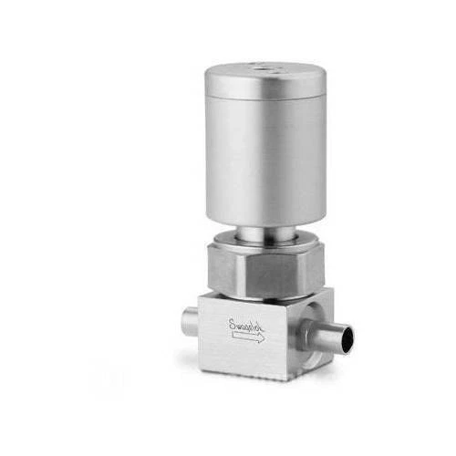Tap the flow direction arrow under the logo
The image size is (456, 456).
246,337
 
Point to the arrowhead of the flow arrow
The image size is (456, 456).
261,337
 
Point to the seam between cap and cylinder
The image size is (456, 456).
264,97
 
